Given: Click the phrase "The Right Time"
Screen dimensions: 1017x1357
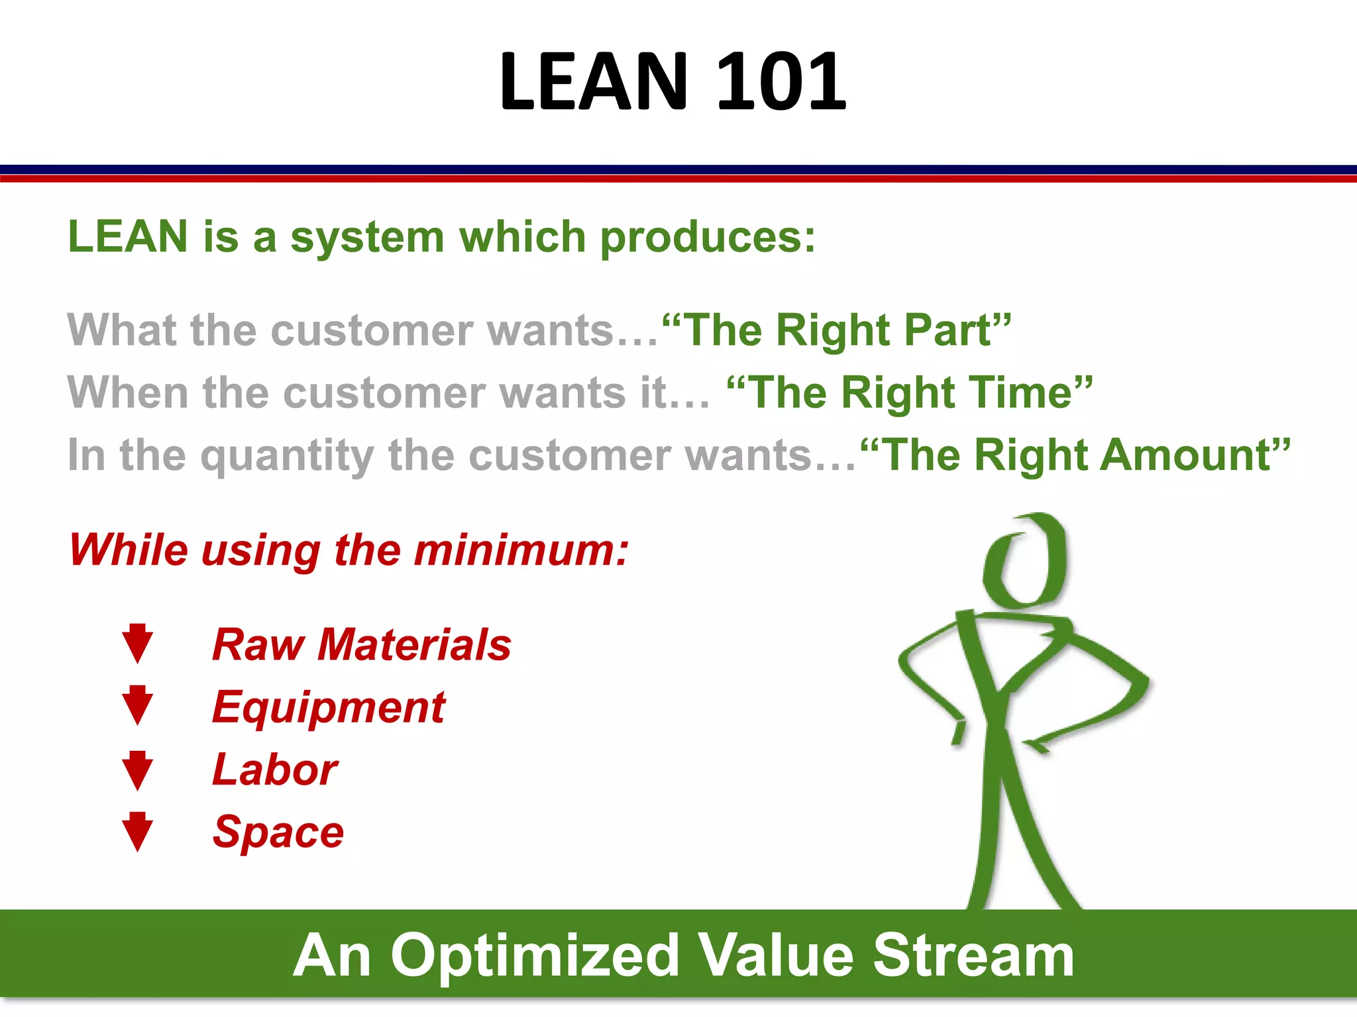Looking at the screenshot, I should pyautogui.click(x=909, y=393).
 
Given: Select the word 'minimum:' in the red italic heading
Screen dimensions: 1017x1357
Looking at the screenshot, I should pyautogui.click(x=521, y=550).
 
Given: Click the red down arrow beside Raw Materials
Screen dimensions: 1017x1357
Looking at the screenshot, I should pyautogui.click(x=138, y=644).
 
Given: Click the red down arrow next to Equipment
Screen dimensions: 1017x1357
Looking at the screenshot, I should pyautogui.click(x=138, y=706).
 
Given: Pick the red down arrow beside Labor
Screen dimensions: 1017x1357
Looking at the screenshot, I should pyautogui.click(x=138, y=770).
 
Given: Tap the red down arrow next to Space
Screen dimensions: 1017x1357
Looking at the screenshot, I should pyautogui.click(x=138, y=832).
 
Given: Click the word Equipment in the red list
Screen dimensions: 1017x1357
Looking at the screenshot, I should pyautogui.click(x=329, y=708).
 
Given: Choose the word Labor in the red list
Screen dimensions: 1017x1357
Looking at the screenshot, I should pyautogui.click(x=275, y=769).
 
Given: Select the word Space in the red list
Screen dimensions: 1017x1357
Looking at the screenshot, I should pyautogui.click(x=278, y=832).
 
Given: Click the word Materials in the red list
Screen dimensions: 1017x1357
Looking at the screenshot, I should pyautogui.click(x=414, y=644).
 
